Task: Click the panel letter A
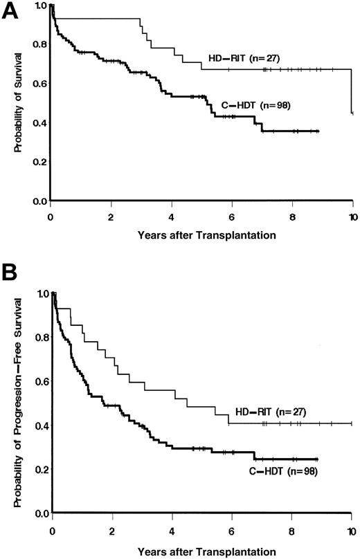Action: [x=10, y=13]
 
